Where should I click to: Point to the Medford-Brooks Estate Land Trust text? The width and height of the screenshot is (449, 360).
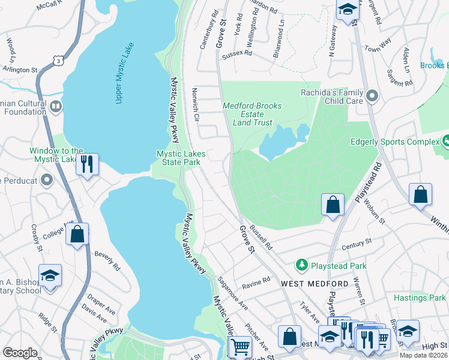(x=252, y=114)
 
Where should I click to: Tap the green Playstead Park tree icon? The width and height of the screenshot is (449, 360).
(x=301, y=265)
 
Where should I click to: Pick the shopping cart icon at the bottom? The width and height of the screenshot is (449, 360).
(x=240, y=346)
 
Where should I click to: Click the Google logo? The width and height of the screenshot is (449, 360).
(x=20, y=353)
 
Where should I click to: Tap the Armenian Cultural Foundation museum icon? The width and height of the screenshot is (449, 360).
(x=56, y=107)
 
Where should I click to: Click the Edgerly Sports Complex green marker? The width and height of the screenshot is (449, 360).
(x=446, y=142)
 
